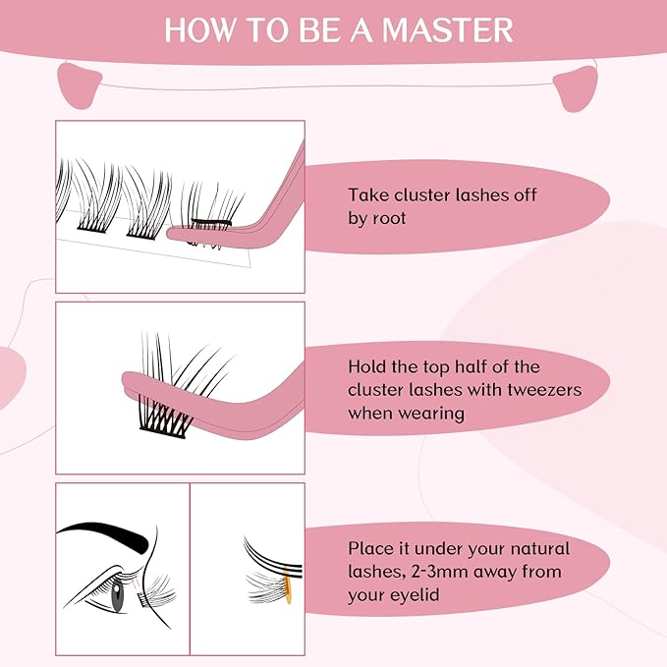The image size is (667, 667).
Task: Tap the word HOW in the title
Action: click(197, 29)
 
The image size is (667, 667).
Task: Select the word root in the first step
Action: click(388, 219)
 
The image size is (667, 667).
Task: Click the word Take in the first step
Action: click(366, 195)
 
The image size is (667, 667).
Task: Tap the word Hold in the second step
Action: click(368, 366)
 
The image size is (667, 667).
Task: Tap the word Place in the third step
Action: click(370, 548)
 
